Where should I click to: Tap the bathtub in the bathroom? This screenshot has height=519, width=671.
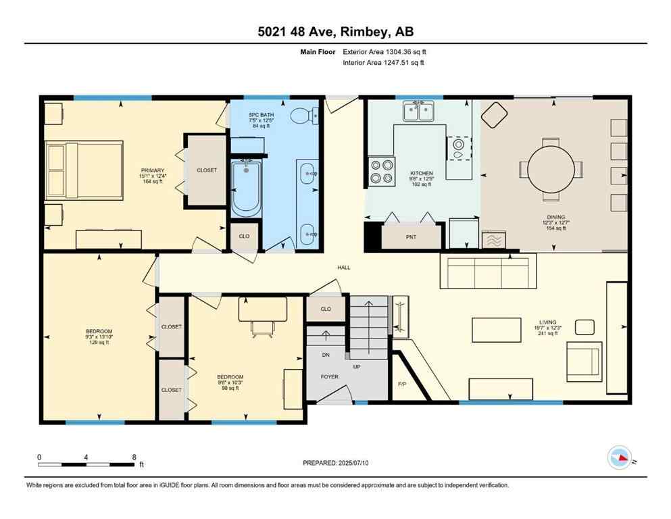246,187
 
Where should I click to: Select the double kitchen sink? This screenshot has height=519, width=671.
418,112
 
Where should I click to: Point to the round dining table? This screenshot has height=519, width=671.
552,170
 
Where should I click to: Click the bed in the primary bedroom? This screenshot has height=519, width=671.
83,170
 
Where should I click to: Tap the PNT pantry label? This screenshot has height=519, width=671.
411,237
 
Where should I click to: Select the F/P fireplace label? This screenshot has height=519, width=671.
401,384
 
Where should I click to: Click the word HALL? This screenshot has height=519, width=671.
344,268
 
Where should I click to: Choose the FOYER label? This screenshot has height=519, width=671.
329,376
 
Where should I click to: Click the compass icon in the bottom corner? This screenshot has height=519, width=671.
619,458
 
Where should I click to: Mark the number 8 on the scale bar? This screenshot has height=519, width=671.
134,457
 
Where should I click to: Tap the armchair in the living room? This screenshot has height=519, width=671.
583,361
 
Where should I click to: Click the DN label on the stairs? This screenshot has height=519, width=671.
326,354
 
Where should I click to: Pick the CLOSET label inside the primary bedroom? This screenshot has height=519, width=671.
207,170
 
